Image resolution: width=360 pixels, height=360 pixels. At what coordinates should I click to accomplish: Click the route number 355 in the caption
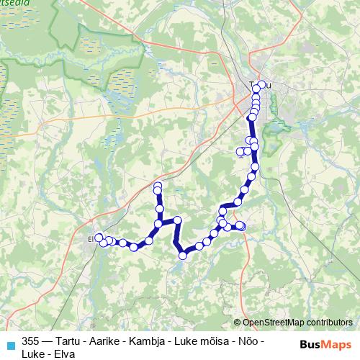[31, 341]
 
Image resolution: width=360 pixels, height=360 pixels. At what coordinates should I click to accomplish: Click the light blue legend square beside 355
[10, 345]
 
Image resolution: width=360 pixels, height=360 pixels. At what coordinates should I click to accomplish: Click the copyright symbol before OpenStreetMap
[238, 322]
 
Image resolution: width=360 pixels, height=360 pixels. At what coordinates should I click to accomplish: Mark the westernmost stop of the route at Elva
[99, 237]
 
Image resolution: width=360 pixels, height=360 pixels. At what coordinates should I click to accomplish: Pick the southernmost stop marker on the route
[183, 254]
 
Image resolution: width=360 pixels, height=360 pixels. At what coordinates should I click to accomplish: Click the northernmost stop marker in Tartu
[261, 84]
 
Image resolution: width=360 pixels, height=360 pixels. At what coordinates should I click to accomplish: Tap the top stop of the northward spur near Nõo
[157, 186]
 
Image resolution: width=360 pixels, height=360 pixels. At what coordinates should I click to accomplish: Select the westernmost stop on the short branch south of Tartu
[240, 151]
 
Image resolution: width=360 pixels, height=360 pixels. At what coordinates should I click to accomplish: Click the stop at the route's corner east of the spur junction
[177, 220]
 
